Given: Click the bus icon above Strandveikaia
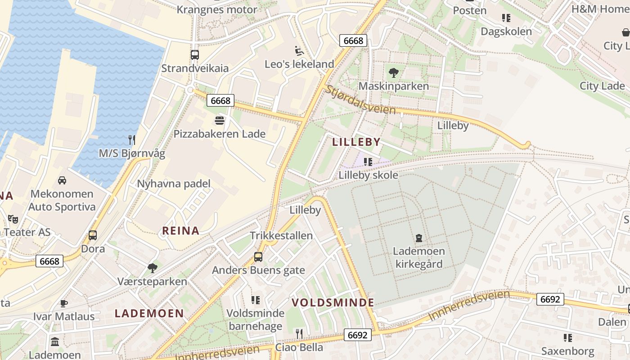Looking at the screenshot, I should (x=194, y=55).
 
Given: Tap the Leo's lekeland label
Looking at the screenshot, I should (x=299, y=64).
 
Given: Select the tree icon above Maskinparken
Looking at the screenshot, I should (x=394, y=72).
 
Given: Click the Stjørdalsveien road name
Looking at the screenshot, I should (x=360, y=100).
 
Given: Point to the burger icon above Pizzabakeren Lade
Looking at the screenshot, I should (x=220, y=121).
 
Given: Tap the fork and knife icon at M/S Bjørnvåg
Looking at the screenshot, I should (x=132, y=140).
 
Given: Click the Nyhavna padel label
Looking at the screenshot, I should (x=174, y=184).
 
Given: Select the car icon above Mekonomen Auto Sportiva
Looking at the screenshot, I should (x=62, y=180).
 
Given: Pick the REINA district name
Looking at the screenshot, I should (x=180, y=231).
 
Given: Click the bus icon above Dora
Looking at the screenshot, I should (x=93, y=235).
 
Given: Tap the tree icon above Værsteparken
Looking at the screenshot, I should (x=153, y=268).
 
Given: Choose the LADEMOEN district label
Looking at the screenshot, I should (x=149, y=313).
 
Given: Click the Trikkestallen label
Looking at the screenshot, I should (x=281, y=236).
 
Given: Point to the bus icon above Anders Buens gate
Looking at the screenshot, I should (x=258, y=257).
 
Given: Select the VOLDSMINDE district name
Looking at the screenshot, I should (x=333, y=302).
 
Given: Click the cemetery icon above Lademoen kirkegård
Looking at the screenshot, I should (x=419, y=238).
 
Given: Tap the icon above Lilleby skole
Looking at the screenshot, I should (x=368, y=162).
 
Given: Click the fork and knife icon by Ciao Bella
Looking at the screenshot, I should (x=299, y=333).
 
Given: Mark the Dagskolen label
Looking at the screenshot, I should (x=506, y=31).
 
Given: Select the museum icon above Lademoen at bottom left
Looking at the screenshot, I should (x=55, y=342).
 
